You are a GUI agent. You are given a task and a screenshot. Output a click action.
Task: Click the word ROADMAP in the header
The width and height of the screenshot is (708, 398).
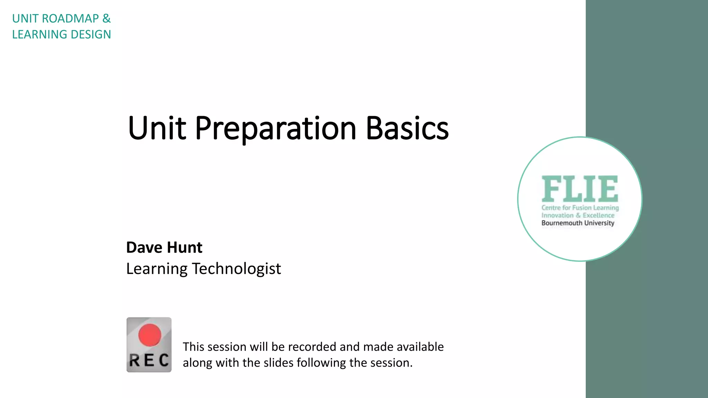pyautogui.click(x=70, y=19)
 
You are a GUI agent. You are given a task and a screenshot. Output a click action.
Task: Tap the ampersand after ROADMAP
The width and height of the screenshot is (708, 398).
pyautogui.click(x=106, y=19)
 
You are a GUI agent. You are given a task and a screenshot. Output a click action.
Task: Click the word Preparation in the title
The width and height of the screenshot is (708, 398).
pyautogui.click(x=276, y=129)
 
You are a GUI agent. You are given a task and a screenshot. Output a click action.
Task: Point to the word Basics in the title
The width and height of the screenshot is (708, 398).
pyautogui.click(x=407, y=129)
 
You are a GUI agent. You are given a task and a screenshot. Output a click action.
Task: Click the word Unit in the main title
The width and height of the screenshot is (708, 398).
pyautogui.click(x=157, y=129)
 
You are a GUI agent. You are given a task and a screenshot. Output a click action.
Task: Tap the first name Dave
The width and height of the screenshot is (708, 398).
pyautogui.click(x=144, y=247)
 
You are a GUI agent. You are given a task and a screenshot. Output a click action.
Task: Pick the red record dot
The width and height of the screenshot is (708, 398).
pyautogui.click(x=150, y=335)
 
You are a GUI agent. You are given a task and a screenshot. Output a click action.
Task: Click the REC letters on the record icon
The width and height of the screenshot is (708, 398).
pyautogui.click(x=149, y=360)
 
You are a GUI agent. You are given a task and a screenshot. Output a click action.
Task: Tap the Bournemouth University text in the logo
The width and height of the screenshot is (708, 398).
pyautogui.click(x=578, y=223)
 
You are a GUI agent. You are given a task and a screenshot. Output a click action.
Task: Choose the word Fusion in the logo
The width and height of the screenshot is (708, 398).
pyautogui.click(x=582, y=208)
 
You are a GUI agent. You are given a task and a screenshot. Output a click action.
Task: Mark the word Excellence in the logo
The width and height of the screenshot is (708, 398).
pyautogui.click(x=598, y=215)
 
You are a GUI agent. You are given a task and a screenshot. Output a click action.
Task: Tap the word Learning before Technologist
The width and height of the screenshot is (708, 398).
pyautogui.click(x=157, y=268)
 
